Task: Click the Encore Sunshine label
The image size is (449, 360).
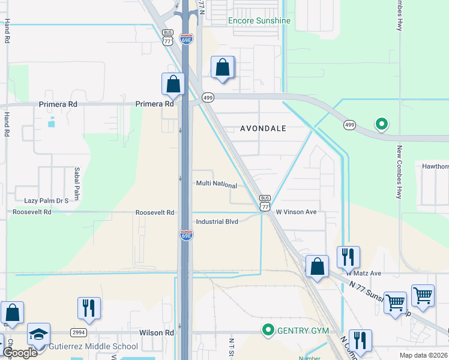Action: click(259, 20)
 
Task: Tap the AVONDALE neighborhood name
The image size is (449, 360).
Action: click(264, 128)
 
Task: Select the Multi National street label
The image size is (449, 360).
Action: click(216, 185)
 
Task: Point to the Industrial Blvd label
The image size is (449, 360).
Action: click(217, 221)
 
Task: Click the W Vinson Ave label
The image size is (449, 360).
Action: click(296, 212)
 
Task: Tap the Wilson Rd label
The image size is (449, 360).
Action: click(156, 332)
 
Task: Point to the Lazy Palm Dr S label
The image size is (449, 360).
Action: click(46, 200)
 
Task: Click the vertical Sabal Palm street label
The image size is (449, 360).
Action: click(77, 184)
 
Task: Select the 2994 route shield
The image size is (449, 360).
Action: click(79, 332)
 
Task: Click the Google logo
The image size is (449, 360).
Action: click(19, 352)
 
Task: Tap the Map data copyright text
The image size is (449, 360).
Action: click(424, 355)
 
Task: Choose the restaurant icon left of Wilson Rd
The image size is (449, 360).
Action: click(89, 308)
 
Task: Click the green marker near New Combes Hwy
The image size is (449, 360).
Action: click(381, 124)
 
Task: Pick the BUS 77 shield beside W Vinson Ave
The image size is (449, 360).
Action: click(265, 203)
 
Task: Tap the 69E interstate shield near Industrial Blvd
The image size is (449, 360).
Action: click(187, 235)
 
